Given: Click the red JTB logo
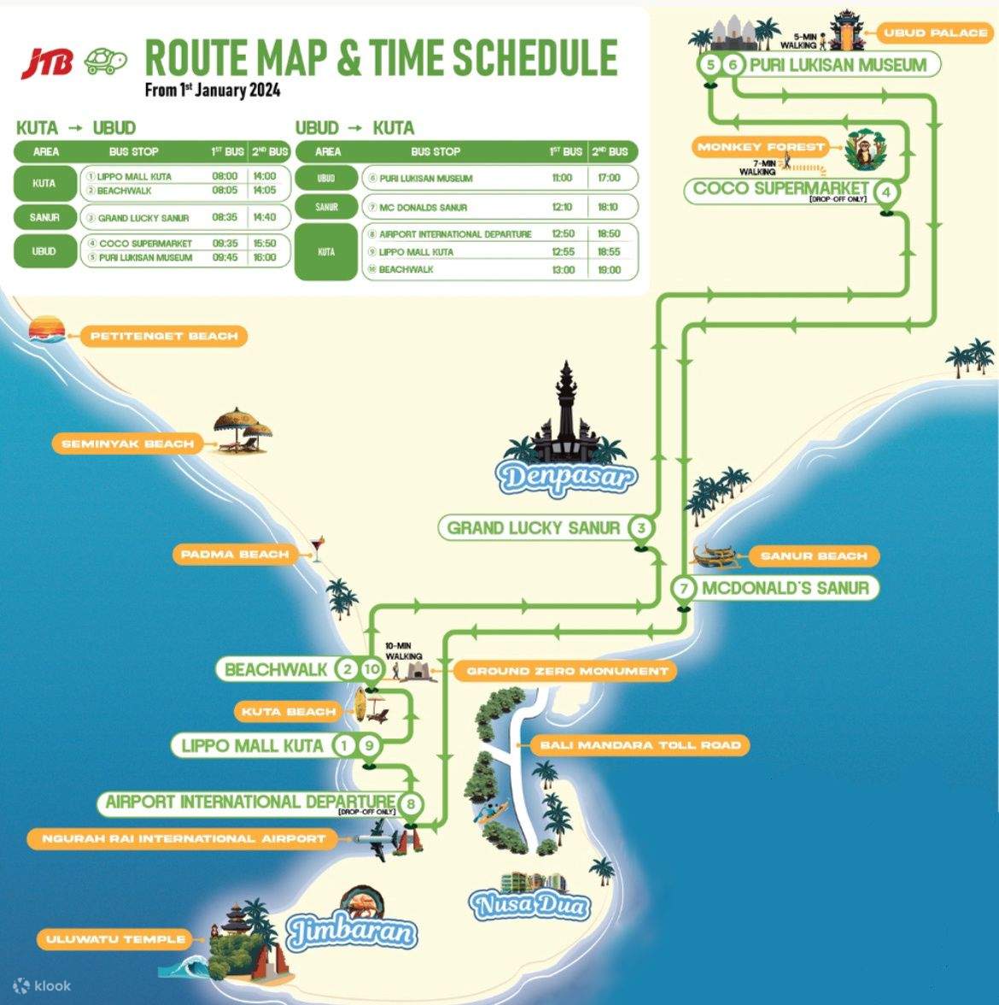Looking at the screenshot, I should pos(48,61).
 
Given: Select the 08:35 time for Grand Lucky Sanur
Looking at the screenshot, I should pos(225,217).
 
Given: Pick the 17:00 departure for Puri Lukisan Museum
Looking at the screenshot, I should pos(609,178).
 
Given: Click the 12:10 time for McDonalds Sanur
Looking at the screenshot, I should pos(562,207).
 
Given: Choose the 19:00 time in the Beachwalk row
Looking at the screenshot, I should pos(609,269).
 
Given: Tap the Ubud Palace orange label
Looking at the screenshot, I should pos(936,33).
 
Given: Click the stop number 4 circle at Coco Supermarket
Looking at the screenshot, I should pos(887,192).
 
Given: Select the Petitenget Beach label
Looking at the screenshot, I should pos(164,336).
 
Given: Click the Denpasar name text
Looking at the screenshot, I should pos(569,476).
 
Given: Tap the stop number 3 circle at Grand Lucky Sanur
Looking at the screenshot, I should pos(641,527).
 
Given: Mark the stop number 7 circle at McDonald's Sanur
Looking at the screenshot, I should pos(683,588).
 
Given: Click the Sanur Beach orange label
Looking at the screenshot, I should pos(813,556).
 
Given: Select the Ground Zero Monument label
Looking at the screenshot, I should pos(567,671).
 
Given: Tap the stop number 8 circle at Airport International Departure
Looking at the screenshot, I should pos(411,803).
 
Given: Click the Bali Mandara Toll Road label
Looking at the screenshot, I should pos(640,745).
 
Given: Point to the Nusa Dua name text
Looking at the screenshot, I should pos(529,904).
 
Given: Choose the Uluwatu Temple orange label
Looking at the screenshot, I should pos(115,939).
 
